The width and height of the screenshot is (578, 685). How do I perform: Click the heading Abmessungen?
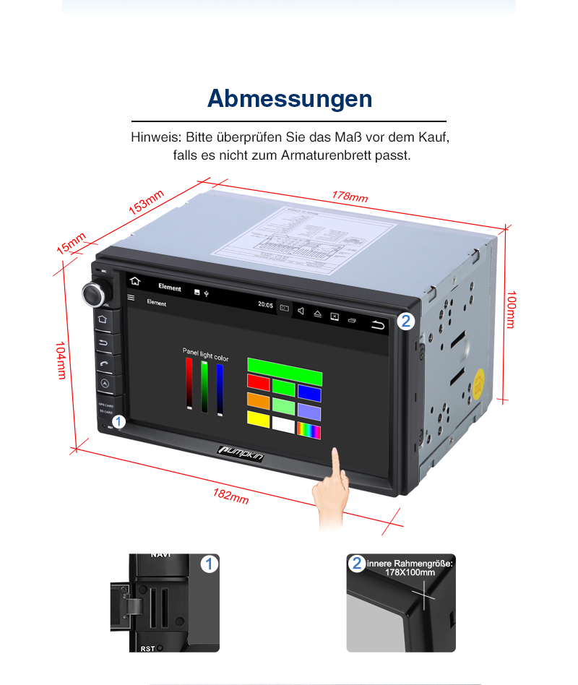pyautogui.click(x=290, y=99)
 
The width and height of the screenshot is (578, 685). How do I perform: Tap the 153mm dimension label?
pyautogui.click(x=147, y=202)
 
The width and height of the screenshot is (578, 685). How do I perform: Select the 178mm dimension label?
pyautogui.click(x=350, y=196)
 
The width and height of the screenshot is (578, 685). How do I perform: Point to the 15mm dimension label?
pyautogui.click(x=72, y=244)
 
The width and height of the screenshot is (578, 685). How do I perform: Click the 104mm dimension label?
pyautogui.click(x=61, y=360)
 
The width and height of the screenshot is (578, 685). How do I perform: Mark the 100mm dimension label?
pyautogui.click(x=511, y=310)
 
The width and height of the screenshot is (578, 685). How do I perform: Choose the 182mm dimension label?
pyautogui.click(x=231, y=496)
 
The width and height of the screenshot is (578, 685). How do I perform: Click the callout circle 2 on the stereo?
pyautogui.click(x=406, y=322)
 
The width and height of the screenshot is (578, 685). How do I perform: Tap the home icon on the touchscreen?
pyautogui.click(x=135, y=282)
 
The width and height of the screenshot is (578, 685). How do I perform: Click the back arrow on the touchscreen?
pyautogui.click(x=379, y=324)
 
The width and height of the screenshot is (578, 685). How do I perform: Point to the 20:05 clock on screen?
pyautogui.click(x=266, y=305)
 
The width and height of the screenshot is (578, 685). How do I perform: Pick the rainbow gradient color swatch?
pyautogui.click(x=309, y=431)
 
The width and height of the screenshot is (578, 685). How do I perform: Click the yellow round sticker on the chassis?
pyautogui.click(x=478, y=381)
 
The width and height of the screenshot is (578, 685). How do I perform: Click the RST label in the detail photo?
pyautogui.click(x=147, y=649)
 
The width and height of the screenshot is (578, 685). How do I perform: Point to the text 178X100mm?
pyautogui.click(x=410, y=572)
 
